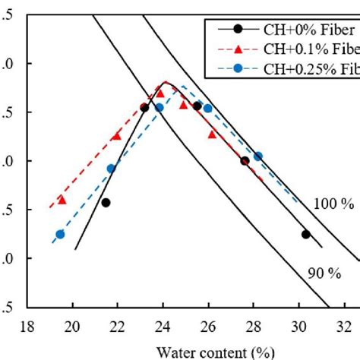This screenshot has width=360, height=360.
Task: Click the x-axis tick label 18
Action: pyautogui.click(x=27, y=328)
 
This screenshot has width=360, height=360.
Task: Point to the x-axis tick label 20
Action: pyautogui.click(x=72, y=328)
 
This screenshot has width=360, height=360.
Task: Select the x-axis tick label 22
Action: pyautogui.click(x=118, y=328)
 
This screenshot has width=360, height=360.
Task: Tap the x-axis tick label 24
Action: pyautogui.click(x=163, y=328)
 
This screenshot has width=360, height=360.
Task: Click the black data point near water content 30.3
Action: pyautogui.click(x=305, y=235)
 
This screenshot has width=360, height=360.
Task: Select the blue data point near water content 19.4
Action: pyautogui.click(x=60, y=235)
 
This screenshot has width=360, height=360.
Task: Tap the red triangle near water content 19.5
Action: pyautogui.click(x=62, y=200)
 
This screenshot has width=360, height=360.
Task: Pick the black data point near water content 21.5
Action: pyautogui.click(x=106, y=203)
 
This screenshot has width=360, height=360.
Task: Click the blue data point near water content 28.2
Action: pyautogui.click(x=258, y=156)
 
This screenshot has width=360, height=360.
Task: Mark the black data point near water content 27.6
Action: pyautogui.click(x=245, y=161)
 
